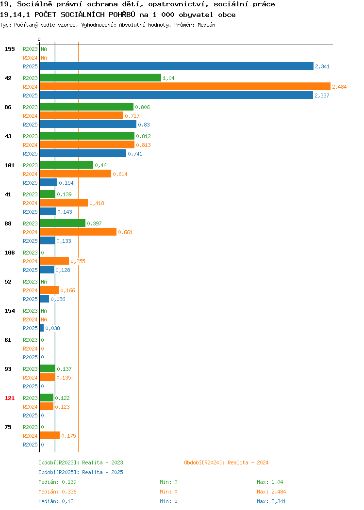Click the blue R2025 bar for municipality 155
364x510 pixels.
[x=177, y=66]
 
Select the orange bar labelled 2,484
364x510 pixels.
[x=185, y=86]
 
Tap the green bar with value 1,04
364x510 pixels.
[x=100, y=78]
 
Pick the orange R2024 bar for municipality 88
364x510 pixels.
[x=78, y=232]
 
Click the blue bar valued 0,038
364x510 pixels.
[x=42, y=328]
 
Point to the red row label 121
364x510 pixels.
[x=9, y=398]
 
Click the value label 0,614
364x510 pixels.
[x=120, y=174]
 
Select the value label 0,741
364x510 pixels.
[x=135, y=154]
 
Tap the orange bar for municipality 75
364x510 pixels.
[x=50, y=435]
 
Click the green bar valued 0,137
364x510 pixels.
[x=48, y=368]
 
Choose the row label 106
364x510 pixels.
[x=9, y=253]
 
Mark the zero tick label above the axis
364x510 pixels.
[x=39, y=39]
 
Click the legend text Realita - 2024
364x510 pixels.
[x=248, y=462]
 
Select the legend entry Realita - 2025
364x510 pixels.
[x=102, y=472]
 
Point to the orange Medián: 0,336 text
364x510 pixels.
[x=58, y=492]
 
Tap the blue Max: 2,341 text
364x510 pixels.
[x=271, y=502]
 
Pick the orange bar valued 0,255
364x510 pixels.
[x=54, y=261]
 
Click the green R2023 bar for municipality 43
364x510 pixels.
[x=87, y=136]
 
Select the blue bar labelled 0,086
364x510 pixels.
[x=44, y=299]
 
